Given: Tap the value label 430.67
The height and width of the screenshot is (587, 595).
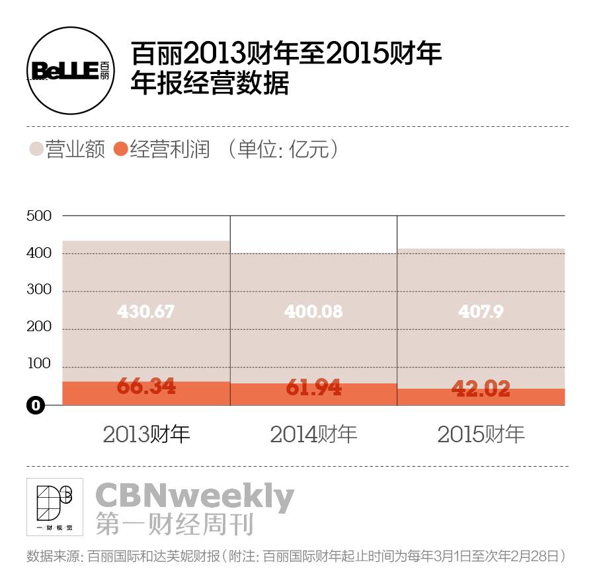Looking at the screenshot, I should (x=146, y=311).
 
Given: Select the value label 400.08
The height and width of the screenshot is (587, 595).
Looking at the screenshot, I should (x=313, y=311).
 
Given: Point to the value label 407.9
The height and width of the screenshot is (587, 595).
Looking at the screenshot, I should (x=481, y=311).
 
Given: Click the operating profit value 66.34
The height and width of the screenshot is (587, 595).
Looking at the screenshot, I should (x=146, y=386).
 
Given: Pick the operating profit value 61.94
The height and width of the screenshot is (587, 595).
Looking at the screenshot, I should (x=313, y=387).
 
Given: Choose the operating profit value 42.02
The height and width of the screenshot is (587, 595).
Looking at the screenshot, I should (x=481, y=389).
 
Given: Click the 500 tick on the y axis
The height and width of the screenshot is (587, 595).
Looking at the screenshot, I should (x=38, y=215).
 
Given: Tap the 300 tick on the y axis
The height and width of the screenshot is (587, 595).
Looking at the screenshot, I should (x=38, y=290).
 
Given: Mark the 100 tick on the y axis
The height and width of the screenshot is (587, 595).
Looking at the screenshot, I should (x=38, y=363).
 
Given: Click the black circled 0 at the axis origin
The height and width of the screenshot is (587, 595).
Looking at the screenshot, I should (x=36, y=405).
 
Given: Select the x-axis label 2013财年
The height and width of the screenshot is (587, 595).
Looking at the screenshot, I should (x=146, y=434).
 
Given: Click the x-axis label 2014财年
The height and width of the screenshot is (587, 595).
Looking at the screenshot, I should (x=313, y=434).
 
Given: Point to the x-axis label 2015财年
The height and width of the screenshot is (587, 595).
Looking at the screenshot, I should (x=481, y=434).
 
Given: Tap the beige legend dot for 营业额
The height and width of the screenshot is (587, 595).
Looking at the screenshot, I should (x=36, y=149).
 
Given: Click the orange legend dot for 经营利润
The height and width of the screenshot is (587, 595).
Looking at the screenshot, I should (x=120, y=149).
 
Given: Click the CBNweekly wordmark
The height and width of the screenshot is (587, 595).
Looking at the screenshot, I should (x=194, y=496).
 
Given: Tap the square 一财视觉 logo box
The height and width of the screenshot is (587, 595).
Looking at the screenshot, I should (x=55, y=506).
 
